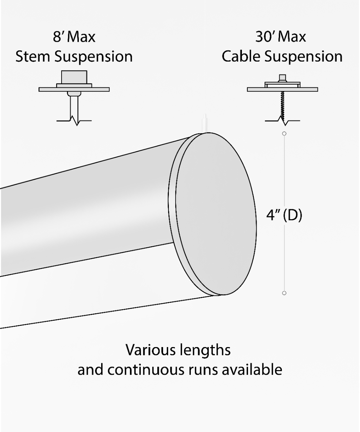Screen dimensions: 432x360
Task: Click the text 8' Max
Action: click(74, 37)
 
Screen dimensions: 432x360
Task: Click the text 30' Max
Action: click(281, 37)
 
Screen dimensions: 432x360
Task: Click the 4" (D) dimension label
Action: click(284, 216)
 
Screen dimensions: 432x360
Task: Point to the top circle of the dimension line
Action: click(284, 134)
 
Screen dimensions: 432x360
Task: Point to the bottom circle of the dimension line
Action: click(284, 293)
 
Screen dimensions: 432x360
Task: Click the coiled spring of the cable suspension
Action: click(283, 104)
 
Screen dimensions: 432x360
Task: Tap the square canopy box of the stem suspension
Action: click(74, 77)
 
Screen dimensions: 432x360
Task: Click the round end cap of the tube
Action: click(216, 214)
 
